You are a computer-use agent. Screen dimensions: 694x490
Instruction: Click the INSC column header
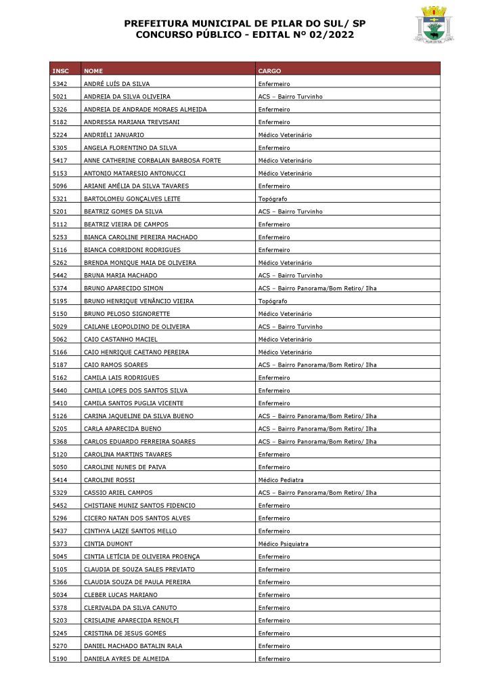[x=60, y=71]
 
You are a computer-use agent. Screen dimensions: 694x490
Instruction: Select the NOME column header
[x=93, y=71]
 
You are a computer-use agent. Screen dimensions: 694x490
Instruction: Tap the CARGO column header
[x=269, y=71]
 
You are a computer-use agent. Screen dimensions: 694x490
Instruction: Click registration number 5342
[x=60, y=84]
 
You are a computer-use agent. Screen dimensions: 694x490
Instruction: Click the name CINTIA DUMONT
[x=108, y=544]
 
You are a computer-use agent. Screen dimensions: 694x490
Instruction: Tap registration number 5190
[x=60, y=659]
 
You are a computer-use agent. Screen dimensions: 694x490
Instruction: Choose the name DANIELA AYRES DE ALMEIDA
[x=127, y=659]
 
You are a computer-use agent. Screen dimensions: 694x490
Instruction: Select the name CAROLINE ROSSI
[x=109, y=480]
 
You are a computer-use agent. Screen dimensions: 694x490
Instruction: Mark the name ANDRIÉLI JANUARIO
[x=114, y=135]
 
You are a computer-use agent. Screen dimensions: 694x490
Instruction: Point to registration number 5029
[x=60, y=327]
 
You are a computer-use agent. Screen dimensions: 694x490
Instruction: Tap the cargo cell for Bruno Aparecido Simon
[x=317, y=288]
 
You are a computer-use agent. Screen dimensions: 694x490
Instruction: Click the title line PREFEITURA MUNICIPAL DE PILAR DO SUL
[x=244, y=24]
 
